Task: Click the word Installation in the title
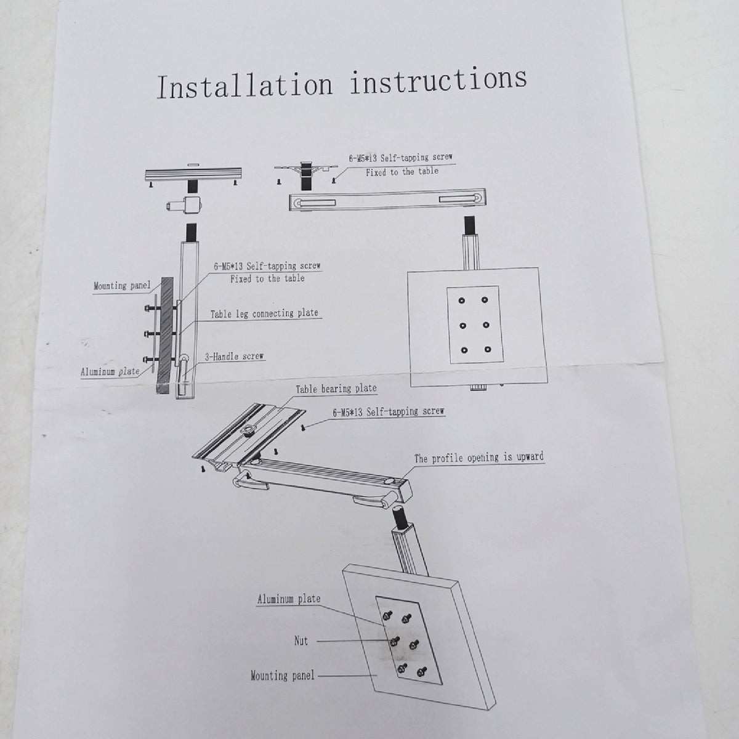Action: pos(244,86)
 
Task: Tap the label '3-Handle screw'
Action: pos(234,357)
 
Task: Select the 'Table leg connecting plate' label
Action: pos(264,313)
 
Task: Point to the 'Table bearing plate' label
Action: pos(336,389)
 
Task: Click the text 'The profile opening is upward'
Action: pos(479,458)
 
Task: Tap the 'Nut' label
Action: pos(301,640)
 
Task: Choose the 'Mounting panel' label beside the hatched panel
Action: pos(122,285)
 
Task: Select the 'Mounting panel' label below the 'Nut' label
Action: pos(282,675)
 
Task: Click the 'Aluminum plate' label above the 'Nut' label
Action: pos(289,599)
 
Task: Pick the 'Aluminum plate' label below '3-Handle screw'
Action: pos(110,371)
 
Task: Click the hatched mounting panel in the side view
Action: pos(165,335)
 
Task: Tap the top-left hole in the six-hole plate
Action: pos(462,301)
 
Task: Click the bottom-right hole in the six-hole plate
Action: pos(487,349)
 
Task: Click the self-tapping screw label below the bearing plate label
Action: pos(389,411)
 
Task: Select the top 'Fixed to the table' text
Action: pos(402,171)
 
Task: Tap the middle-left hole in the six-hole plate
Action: pos(463,326)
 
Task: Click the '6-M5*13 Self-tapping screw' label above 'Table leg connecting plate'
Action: pos(267,265)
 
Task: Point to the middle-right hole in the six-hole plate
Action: pos(487,325)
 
